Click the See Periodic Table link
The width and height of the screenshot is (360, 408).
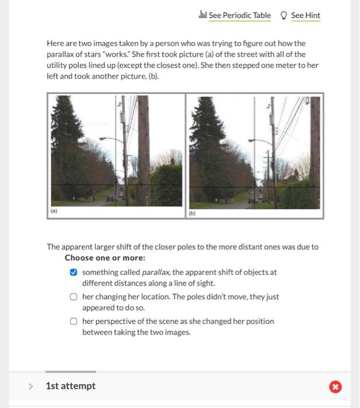click(x=239, y=15)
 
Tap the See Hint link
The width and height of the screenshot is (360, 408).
click(x=305, y=15)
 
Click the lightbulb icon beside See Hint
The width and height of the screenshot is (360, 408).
click(x=284, y=15)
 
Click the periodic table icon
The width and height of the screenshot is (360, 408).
click(x=203, y=15)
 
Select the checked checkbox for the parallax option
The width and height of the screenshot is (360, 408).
click(x=74, y=272)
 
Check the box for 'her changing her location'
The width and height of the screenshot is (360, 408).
click(x=74, y=297)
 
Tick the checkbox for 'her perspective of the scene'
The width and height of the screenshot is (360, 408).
click(x=74, y=321)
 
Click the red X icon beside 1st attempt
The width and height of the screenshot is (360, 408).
click(x=335, y=386)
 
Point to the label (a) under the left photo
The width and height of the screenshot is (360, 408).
click(x=54, y=212)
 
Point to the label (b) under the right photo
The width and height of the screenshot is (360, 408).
click(x=192, y=213)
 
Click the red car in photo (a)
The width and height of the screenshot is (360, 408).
click(x=110, y=199)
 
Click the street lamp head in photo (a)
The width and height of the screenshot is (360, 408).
click(x=103, y=139)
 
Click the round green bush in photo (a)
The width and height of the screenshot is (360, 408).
click(x=167, y=184)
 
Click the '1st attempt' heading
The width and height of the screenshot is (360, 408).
click(x=71, y=386)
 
